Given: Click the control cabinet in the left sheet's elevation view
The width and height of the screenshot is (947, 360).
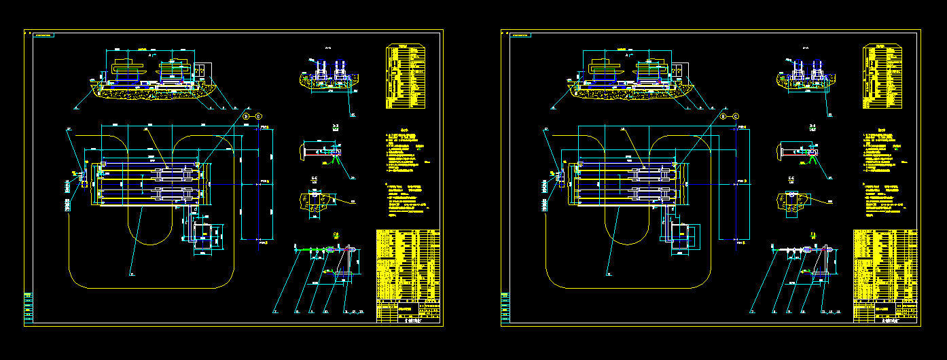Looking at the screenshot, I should [x=202, y=71].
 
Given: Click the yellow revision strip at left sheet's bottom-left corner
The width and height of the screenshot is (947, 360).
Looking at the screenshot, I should [x=28, y=308].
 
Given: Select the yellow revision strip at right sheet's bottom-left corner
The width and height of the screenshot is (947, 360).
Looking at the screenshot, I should [x=505, y=308].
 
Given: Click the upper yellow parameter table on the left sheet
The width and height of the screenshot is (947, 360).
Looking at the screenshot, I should [x=406, y=76].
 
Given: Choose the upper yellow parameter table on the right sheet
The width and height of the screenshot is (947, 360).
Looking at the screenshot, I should [x=882, y=76].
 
